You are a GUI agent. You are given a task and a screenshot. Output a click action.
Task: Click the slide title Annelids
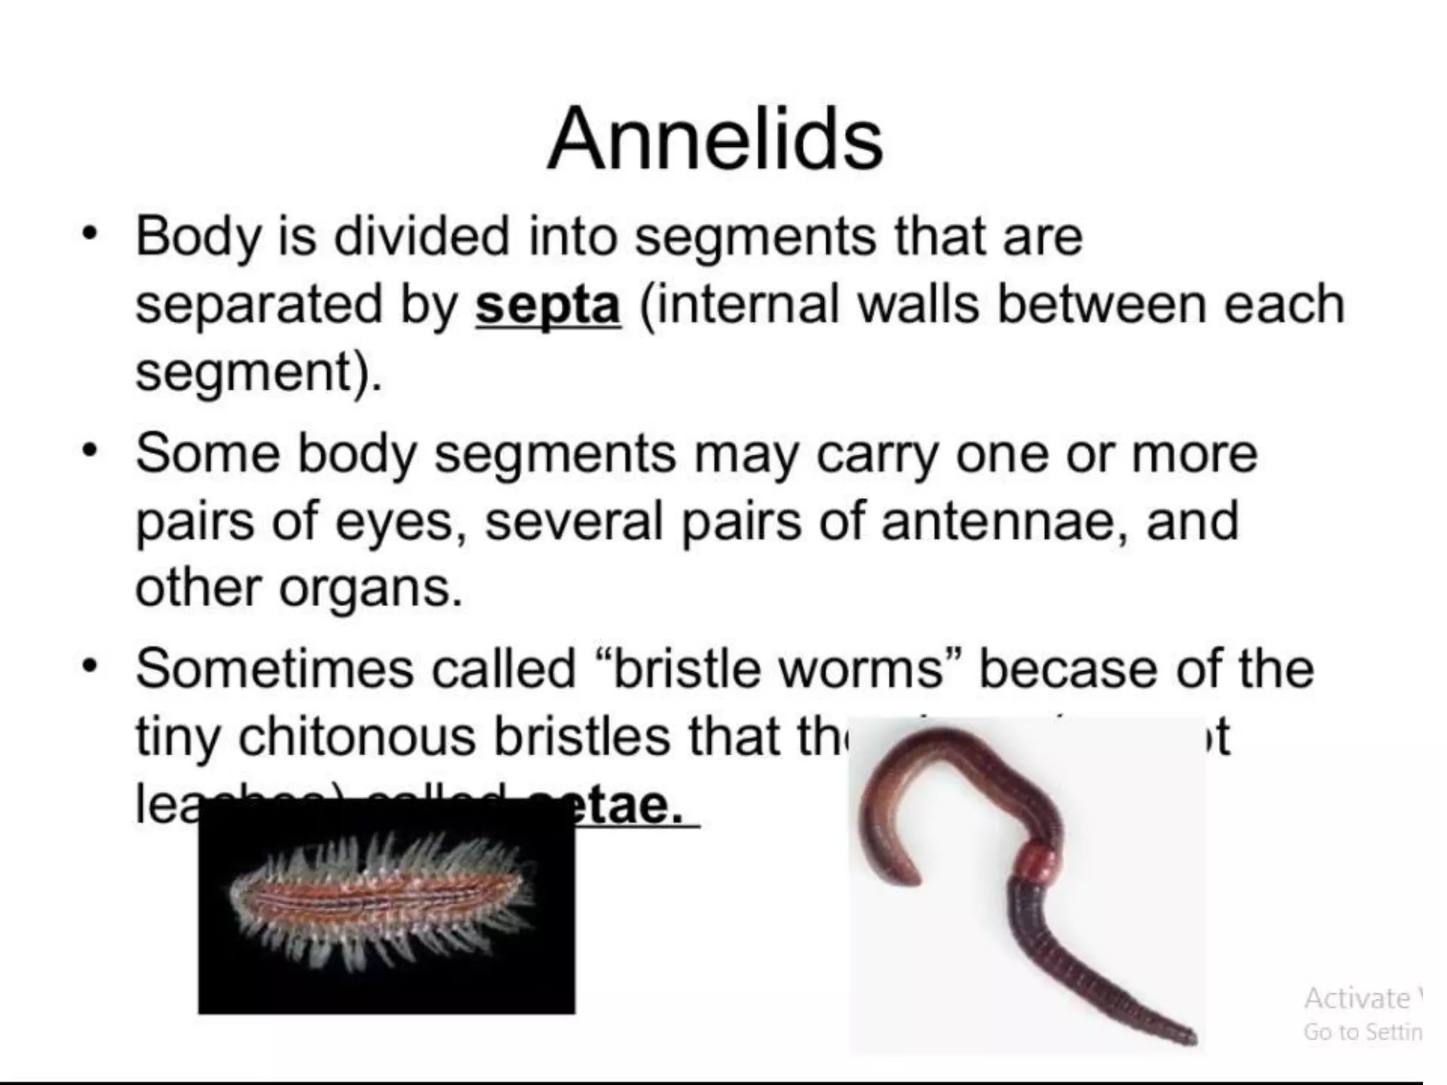pos(714,138)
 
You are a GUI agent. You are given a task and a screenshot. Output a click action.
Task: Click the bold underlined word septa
pos(548,305)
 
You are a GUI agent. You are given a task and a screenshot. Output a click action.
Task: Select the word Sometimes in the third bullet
pos(274,668)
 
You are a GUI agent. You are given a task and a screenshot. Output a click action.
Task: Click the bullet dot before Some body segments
pos(88,450)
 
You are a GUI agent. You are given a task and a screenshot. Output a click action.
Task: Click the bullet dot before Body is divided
pos(88,233)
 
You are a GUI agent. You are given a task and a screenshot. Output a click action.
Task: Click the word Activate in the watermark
pos(1357,997)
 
